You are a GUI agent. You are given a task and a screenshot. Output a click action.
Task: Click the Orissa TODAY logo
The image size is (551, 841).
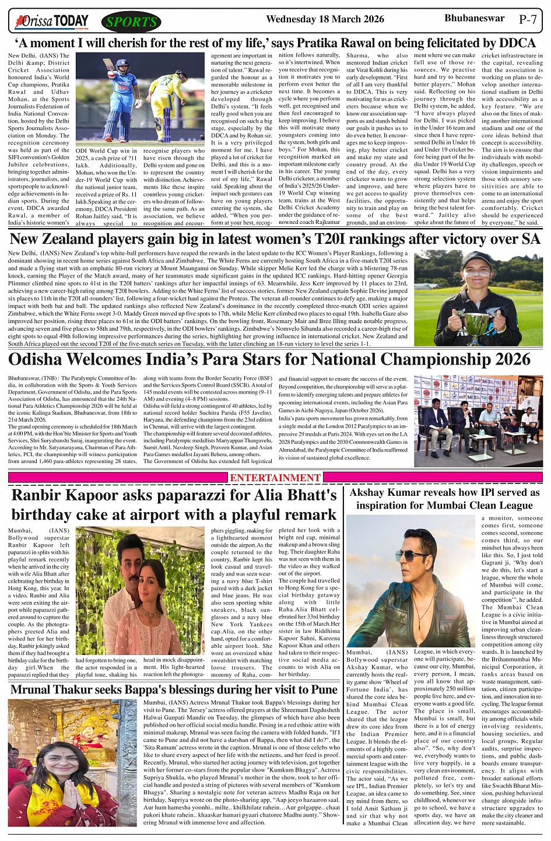pyautogui.click(x=52, y=22)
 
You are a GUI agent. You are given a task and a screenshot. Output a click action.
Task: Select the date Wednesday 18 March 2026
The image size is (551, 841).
pyautogui.click(x=325, y=19)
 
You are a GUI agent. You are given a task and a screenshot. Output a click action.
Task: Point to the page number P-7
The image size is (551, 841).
pyautogui.click(x=527, y=19)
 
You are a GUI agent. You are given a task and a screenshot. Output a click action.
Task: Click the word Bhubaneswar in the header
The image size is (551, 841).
pyautogui.click(x=474, y=19)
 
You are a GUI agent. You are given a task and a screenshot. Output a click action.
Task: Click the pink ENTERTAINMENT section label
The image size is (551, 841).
pyautogui.click(x=275, y=478)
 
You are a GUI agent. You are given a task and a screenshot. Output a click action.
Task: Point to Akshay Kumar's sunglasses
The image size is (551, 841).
pyautogui.click(x=412, y=556)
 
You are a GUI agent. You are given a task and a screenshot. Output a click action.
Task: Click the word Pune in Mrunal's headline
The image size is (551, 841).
pyautogui.click(x=322, y=689)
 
